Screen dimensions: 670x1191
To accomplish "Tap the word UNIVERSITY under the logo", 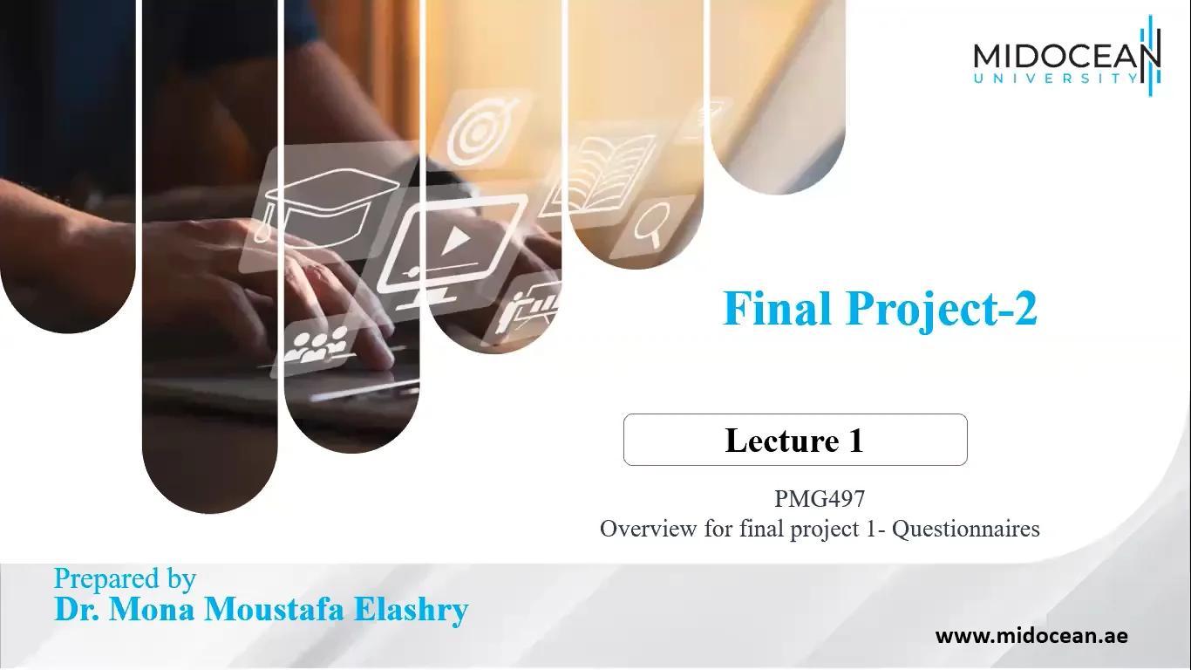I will click(1055, 79).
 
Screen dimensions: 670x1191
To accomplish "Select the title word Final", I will click(777, 309).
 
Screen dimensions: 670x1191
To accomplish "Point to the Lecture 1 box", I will click(794, 440).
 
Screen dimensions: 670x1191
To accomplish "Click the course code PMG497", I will click(819, 499).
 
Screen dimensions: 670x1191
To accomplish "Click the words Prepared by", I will click(125, 578).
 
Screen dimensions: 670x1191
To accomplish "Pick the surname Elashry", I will click(413, 610).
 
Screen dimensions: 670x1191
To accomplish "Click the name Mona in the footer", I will click(151, 610).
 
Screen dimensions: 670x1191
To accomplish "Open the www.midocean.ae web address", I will click(1031, 636).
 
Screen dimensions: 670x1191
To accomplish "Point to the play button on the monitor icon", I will click(450, 241).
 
